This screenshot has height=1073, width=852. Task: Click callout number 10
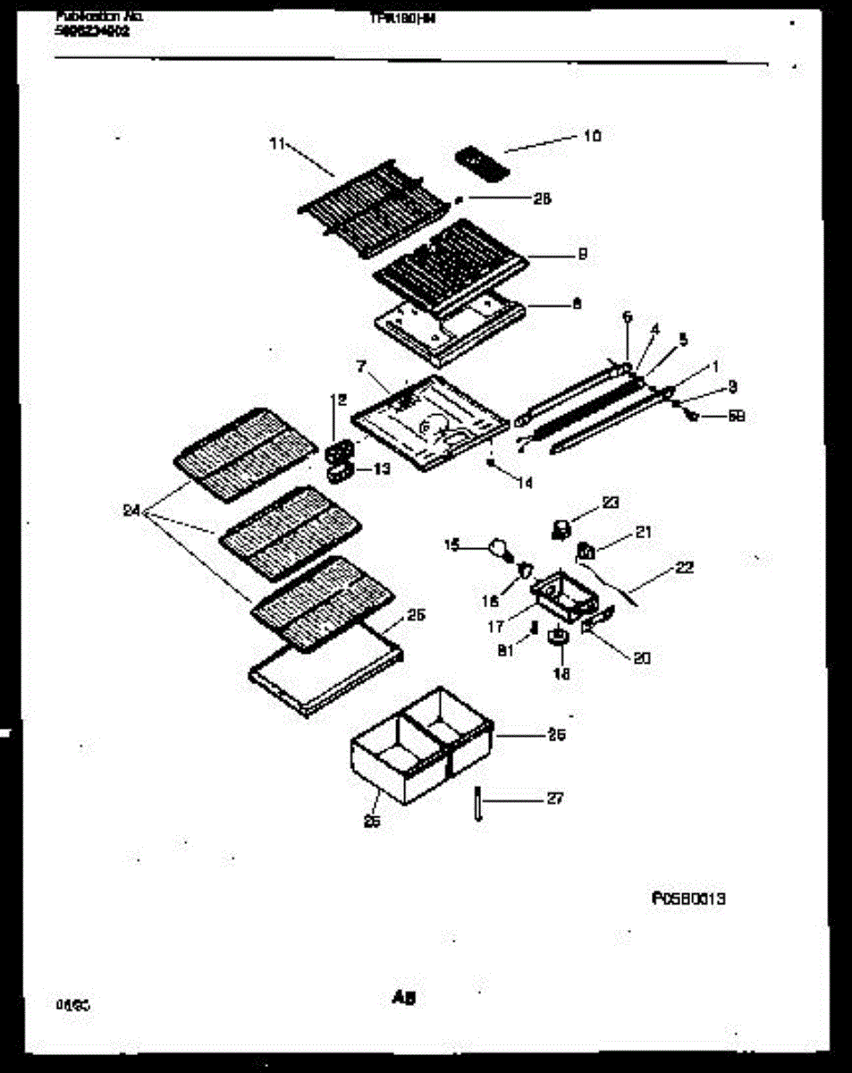click(593, 136)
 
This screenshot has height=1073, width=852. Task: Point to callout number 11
click(276, 142)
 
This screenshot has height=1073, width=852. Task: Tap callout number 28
click(542, 199)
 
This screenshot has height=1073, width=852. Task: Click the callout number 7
click(360, 367)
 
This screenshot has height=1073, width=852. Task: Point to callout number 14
click(524, 483)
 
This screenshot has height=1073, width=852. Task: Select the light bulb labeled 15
click(497, 546)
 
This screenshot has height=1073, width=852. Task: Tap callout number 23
click(611, 503)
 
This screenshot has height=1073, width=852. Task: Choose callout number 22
click(685, 567)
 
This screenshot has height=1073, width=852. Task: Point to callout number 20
click(641, 658)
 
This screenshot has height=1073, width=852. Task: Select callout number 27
click(554, 798)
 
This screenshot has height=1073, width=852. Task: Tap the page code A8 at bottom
click(405, 998)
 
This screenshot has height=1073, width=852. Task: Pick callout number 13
click(382, 468)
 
